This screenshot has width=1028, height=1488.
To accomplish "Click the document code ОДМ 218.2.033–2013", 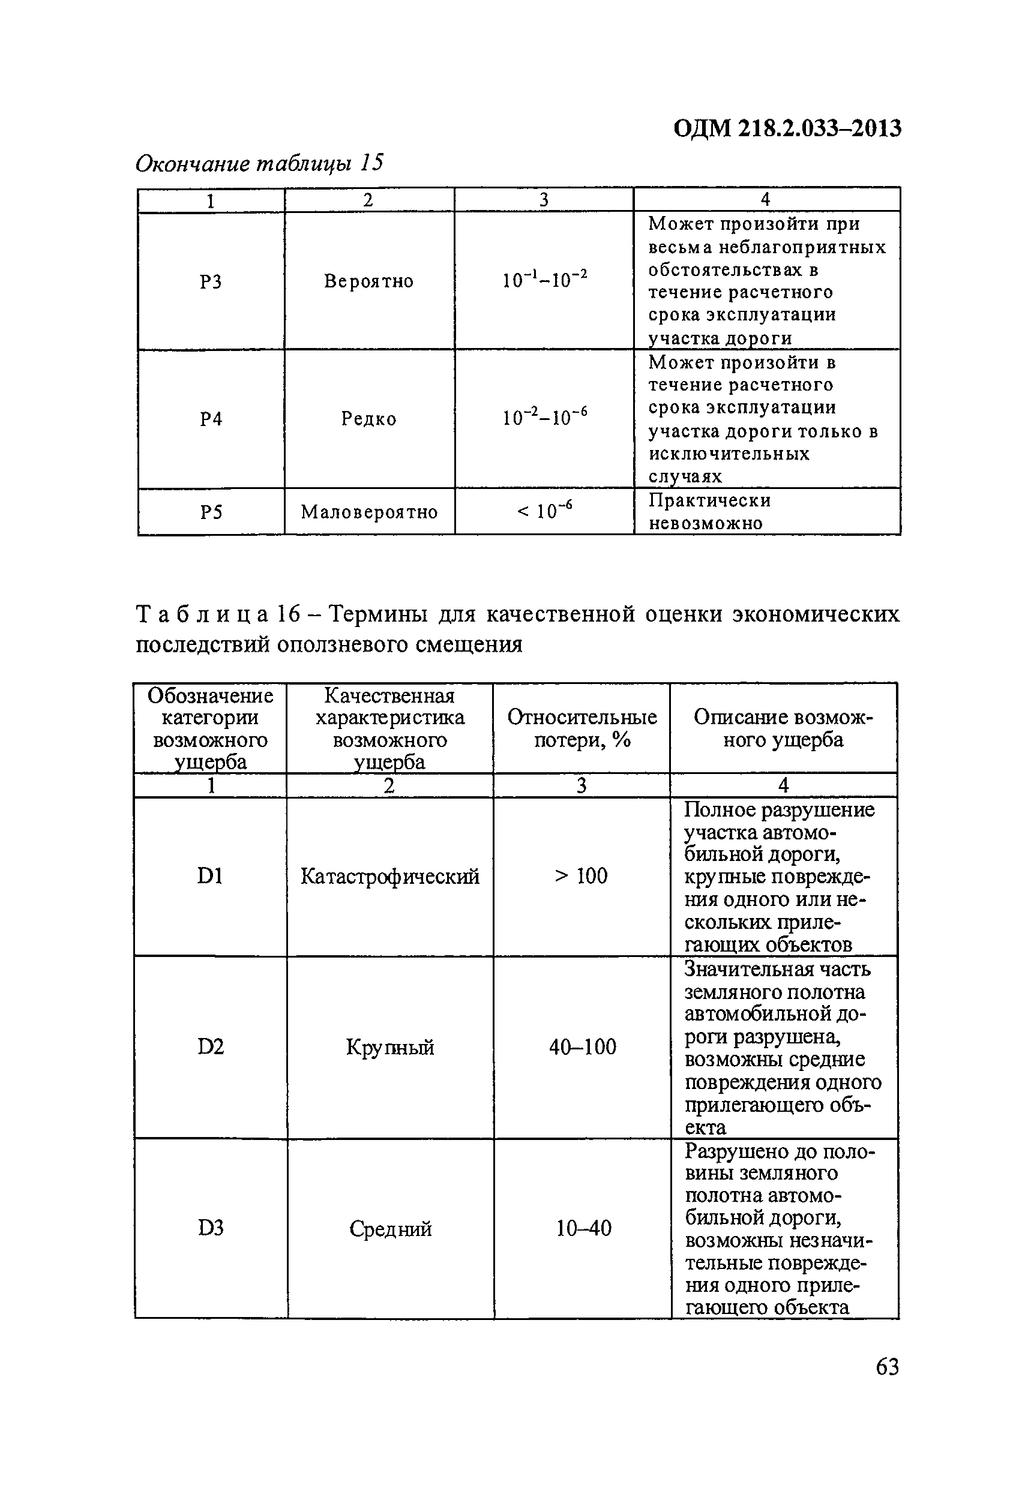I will [787, 129].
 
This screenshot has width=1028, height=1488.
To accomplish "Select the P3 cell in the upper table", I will [211, 281].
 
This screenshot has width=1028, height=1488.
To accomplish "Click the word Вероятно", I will [368, 281].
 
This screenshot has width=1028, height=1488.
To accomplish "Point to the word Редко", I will [368, 419].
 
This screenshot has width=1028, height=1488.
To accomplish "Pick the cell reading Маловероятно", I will [369, 512].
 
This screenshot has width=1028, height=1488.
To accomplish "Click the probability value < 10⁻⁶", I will [544, 511].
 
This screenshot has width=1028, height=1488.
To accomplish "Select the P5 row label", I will [211, 512].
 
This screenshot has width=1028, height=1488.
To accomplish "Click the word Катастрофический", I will [389, 877].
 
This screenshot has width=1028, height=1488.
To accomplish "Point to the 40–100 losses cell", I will [582, 1046].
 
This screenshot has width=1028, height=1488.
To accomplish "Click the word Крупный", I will [389, 1047].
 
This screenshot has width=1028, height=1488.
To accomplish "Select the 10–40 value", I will [583, 1229].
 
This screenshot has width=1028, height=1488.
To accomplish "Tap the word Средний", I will [389, 1229].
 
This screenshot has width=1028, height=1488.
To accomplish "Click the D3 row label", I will [211, 1229].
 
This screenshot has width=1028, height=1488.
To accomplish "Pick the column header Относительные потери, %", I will [582, 728].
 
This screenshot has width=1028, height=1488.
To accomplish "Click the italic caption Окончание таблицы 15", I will [259, 164].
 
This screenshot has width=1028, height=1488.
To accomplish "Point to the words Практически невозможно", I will [709, 511].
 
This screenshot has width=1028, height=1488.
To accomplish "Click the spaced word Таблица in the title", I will [202, 614].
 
